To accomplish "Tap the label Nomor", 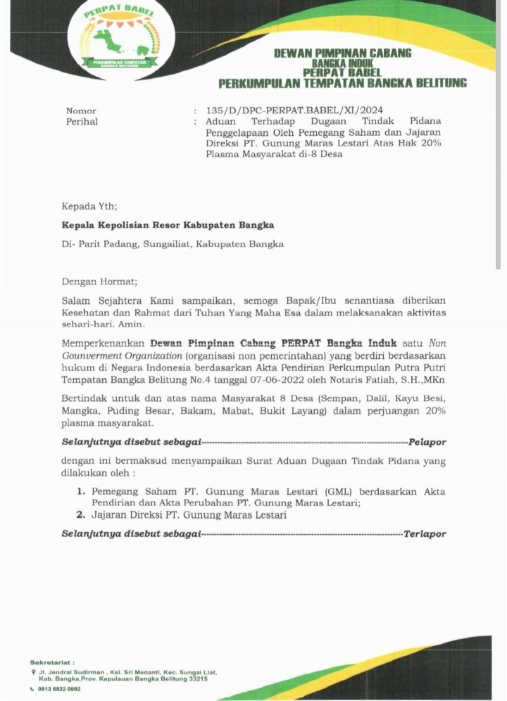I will pyautogui.click(x=81, y=111).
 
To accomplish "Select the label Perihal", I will pyautogui.click(x=82, y=122).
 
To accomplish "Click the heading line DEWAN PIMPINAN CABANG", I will pyautogui.click(x=342, y=53).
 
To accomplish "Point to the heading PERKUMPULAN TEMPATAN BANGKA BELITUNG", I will pyautogui.click(x=342, y=84).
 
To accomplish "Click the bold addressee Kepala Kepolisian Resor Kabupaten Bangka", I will pyautogui.click(x=168, y=225).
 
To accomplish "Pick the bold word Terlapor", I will pyautogui.click(x=425, y=534).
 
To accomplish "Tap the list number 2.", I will pyautogui.click(x=81, y=515).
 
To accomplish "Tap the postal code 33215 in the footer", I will pyautogui.click(x=195, y=681).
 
